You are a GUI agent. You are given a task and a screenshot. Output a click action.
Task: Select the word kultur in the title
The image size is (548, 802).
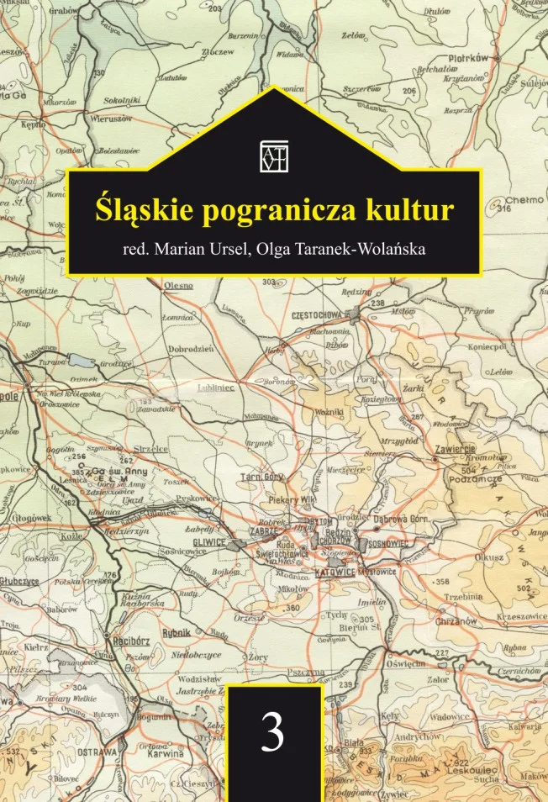click(407, 208)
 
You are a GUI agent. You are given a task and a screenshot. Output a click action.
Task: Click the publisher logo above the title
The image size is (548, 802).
click(274, 156)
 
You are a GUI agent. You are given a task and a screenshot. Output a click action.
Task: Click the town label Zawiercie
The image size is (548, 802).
click(455, 448)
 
